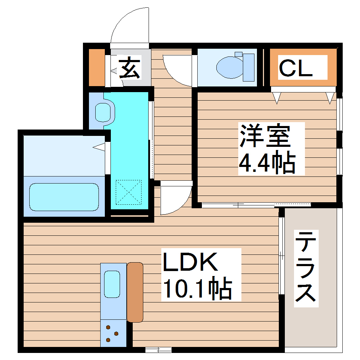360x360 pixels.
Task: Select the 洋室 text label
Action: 265,136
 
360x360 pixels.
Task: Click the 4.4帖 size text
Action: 267,163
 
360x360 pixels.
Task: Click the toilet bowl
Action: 229,68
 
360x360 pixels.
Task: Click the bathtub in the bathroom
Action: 64,197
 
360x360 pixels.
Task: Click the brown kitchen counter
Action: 135,292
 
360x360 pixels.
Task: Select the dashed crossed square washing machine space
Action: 128,192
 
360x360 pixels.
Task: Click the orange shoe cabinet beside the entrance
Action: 96,68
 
